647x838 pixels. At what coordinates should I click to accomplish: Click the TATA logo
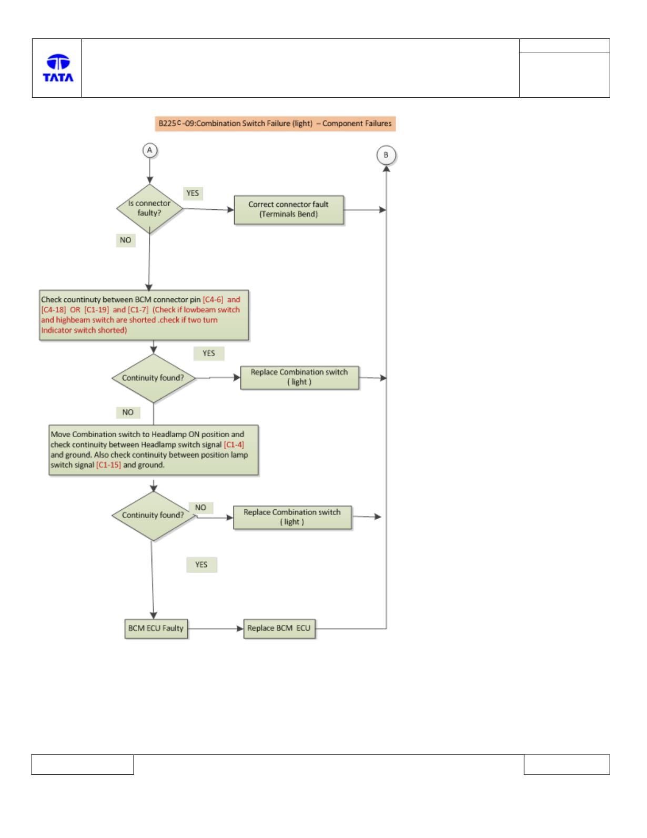click(x=58, y=68)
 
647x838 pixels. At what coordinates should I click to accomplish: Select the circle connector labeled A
click(x=149, y=150)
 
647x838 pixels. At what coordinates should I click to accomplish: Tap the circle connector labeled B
click(x=386, y=155)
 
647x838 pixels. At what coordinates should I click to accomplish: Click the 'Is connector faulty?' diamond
click(x=149, y=209)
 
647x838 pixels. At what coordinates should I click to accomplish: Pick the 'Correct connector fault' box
click(x=289, y=209)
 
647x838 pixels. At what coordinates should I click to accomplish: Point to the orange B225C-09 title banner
click(x=275, y=124)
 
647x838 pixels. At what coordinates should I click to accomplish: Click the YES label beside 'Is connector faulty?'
click(x=193, y=193)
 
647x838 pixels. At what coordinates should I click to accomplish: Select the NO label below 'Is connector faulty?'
click(x=126, y=240)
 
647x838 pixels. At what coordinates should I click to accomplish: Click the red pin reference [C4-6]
click(x=213, y=299)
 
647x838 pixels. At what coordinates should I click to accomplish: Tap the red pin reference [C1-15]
click(x=108, y=465)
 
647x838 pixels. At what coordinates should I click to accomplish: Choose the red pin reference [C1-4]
click(x=234, y=445)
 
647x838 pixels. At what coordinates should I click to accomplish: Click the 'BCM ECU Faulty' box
click(x=156, y=629)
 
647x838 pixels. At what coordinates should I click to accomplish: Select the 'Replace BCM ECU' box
click(x=279, y=629)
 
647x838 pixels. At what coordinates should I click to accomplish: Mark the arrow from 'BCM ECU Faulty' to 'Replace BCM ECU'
click(x=216, y=629)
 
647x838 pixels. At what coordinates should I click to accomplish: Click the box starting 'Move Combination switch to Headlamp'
click(x=154, y=450)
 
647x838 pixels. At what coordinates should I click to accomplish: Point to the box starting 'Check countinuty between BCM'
click(x=144, y=315)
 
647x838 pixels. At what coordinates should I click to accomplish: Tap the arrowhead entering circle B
click(x=386, y=168)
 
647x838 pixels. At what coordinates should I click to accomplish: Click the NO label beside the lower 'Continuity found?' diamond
click(x=201, y=508)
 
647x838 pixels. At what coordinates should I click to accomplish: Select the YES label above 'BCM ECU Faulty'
click(x=201, y=564)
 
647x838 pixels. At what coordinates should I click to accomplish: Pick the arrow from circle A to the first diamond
click(x=149, y=170)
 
